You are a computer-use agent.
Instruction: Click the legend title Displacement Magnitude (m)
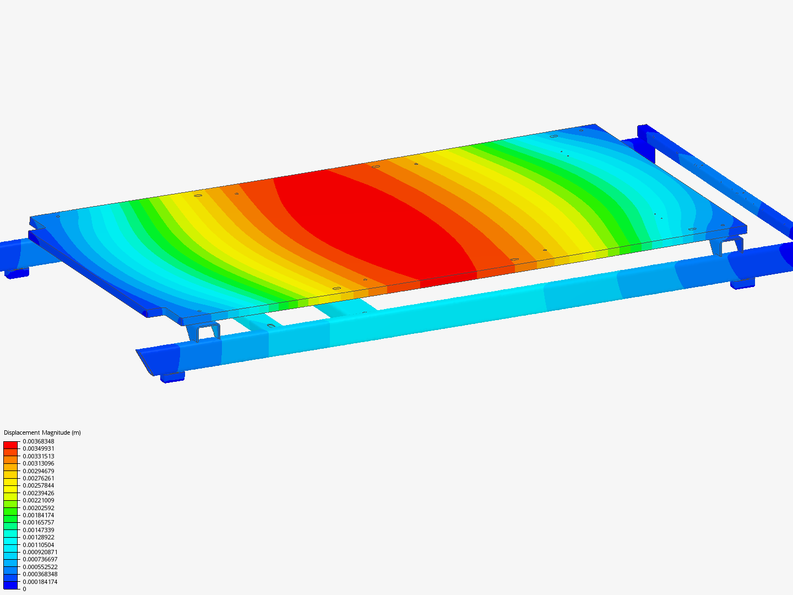click(x=42, y=432)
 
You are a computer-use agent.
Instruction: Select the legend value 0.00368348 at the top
click(x=38, y=441)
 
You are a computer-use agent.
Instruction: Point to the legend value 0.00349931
click(x=38, y=448)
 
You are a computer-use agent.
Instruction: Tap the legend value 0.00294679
click(x=38, y=471)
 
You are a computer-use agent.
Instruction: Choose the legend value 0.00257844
click(x=38, y=485)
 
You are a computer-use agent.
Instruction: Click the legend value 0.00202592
click(x=38, y=508)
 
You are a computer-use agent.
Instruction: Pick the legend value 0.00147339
click(x=38, y=530)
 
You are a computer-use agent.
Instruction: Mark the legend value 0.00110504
click(x=38, y=545)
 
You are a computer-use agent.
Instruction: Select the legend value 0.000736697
click(x=40, y=559)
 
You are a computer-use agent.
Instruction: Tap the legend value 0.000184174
click(x=40, y=582)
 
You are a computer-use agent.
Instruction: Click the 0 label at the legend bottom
click(x=24, y=589)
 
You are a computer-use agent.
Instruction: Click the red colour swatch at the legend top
click(x=10, y=445)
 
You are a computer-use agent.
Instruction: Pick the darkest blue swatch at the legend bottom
click(x=10, y=585)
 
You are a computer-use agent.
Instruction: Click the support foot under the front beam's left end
click(x=172, y=377)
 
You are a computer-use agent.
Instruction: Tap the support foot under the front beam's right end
click(x=742, y=284)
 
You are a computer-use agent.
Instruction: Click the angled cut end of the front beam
click(x=145, y=361)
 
